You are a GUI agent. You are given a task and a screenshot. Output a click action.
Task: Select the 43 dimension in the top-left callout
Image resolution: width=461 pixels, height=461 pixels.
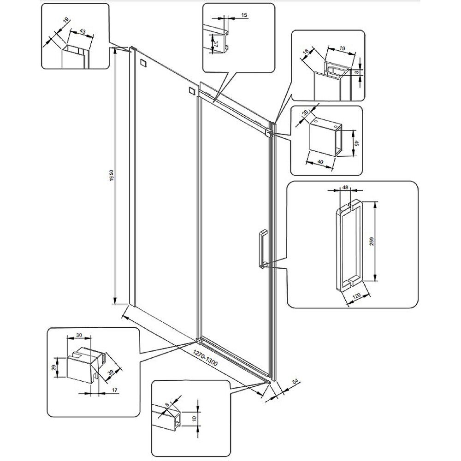click(x=83, y=31)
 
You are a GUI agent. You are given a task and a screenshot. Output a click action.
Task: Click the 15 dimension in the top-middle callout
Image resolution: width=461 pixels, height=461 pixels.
click(x=244, y=15)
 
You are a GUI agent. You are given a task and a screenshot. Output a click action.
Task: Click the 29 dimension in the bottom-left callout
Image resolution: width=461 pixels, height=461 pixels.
click(x=55, y=367)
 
